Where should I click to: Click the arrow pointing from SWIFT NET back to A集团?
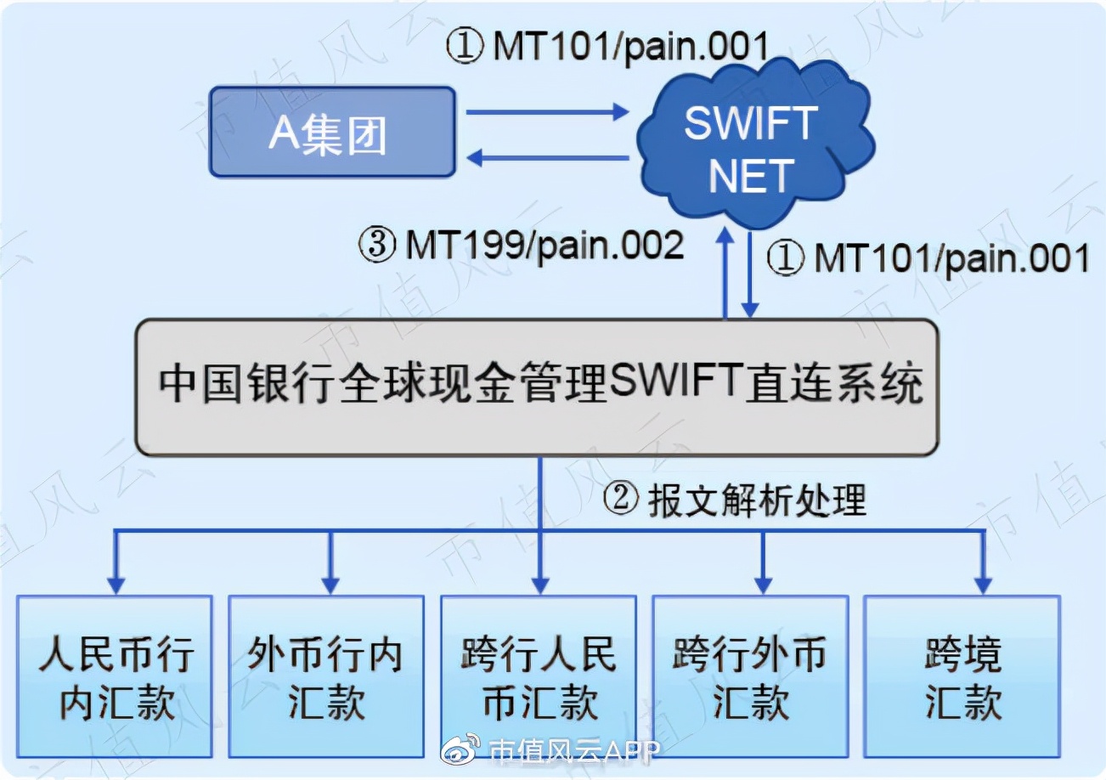click(x=549, y=156)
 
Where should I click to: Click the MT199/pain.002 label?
click(x=522, y=246)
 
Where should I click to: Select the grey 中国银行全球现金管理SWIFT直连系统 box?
click(x=539, y=387)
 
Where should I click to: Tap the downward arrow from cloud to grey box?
click(x=750, y=276)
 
